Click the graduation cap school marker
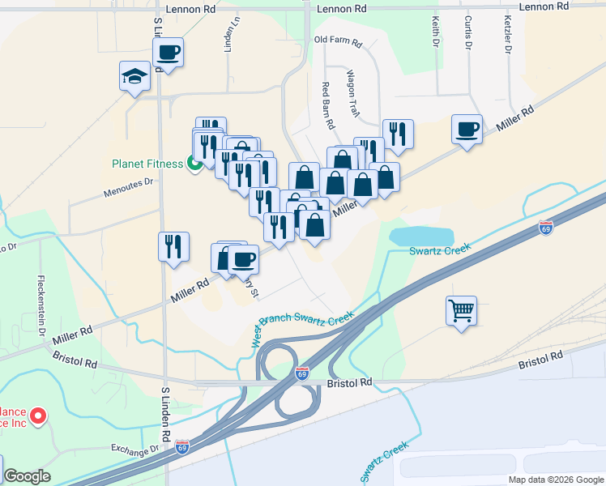pos(135,77)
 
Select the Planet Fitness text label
pos(147,164)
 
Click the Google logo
pos(27,476)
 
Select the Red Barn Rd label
pos(328,105)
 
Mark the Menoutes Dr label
pos(128,188)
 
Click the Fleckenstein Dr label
pos(40,305)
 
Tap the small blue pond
pos(421,236)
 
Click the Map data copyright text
pos(556,480)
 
